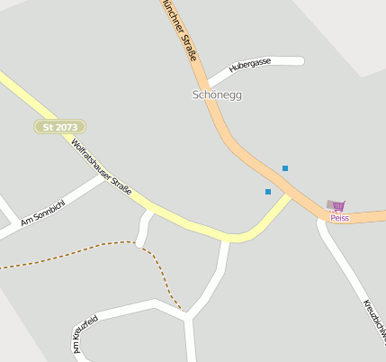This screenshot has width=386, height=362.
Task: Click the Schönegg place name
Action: click(x=217, y=95)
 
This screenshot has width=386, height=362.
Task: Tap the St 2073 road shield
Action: click(x=60, y=127)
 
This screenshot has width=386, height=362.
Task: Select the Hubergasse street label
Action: click(x=250, y=66)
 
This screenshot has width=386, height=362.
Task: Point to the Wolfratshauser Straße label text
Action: click(x=102, y=167)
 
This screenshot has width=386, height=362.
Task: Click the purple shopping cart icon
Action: click(x=338, y=207)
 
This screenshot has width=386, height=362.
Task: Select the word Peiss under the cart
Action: click(x=339, y=218)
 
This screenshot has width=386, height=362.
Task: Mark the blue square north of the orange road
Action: click(x=285, y=168)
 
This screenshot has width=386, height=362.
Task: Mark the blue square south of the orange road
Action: click(x=268, y=192)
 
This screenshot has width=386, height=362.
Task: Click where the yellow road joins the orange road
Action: click(x=291, y=195)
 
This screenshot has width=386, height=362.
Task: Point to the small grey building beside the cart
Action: click(x=331, y=204)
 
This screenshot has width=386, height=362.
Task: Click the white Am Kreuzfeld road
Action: click(x=126, y=311)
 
